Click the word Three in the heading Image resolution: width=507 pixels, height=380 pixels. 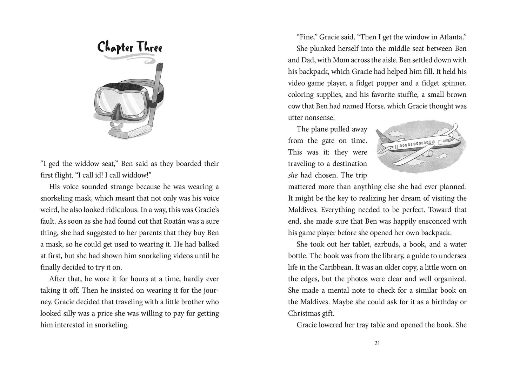click(x=149, y=48)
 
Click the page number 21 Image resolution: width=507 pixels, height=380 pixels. click(x=377, y=343)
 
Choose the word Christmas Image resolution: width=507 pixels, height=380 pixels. click(x=305, y=313)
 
